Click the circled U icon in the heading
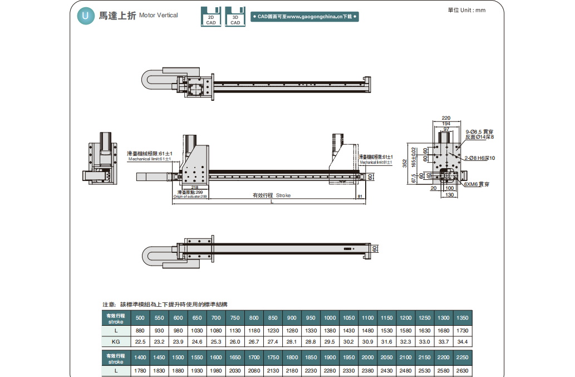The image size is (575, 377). [85, 16]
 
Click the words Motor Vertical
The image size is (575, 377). [159, 16]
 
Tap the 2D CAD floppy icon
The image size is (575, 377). [211, 17]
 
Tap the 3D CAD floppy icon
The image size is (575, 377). [235, 17]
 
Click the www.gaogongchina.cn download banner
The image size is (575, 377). [304, 17]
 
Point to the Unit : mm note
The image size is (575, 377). [466, 10]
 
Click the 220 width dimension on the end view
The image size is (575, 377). [446, 118]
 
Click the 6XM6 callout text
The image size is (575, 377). [477, 184]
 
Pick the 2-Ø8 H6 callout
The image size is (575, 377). [480, 158]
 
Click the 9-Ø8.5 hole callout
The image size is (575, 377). [479, 131]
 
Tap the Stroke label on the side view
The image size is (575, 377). [283, 195]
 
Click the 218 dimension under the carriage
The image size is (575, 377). [194, 188]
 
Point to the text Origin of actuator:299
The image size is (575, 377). [190, 197]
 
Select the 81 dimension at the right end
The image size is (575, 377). [360, 196]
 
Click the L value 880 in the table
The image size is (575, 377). [140, 331]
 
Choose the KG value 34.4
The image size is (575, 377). [462, 341]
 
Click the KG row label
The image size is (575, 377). [116, 341]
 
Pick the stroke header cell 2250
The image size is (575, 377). [462, 358]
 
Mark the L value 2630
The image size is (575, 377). [462, 370]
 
